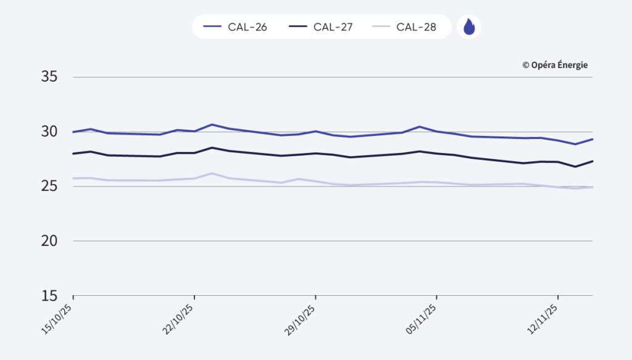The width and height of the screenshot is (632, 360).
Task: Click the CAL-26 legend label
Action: tap(247, 27)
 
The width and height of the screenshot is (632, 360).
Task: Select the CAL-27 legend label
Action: tap(333, 27)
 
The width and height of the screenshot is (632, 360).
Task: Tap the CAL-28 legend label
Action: tap(416, 27)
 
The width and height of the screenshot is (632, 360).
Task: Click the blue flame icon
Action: tap(469, 27)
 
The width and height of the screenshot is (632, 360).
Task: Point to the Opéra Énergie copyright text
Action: tap(555, 65)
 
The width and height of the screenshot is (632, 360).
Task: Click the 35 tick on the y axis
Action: tap(49, 77)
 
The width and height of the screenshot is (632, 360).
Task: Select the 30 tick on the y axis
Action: tap(49, 132)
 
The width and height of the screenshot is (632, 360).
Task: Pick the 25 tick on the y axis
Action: tap(49, 186)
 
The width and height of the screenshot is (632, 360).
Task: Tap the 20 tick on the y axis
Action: tap(49, 241)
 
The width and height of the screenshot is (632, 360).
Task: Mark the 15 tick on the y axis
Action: tap(49, 295)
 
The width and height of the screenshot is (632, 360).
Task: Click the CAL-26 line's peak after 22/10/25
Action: tap(212, 125)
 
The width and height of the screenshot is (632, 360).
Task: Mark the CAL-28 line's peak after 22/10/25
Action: tap(212, 174)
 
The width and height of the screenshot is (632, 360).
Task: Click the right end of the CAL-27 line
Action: tap(592, 161)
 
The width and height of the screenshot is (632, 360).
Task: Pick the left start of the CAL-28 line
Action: tap(73, 178)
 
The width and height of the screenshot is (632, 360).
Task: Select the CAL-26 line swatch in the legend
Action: tap(212, 27)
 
